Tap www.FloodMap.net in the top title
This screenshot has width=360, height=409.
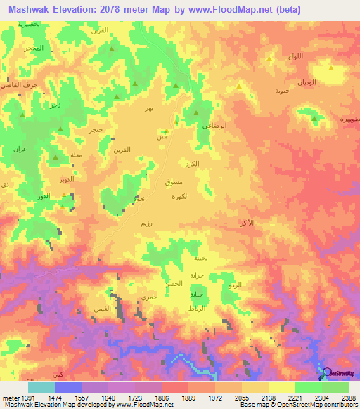pyautogui.click(x=223, y=10)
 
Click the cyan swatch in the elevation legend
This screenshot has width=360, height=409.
pyautogui.click(x=41, y=387)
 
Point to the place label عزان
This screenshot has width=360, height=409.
pyautogui.click(x=20, y=150)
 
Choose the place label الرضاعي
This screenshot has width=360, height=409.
pyautogui.click(x=214, y=125)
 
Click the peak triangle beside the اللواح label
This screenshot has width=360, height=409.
pyautogui.click(x=270, y=59)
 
